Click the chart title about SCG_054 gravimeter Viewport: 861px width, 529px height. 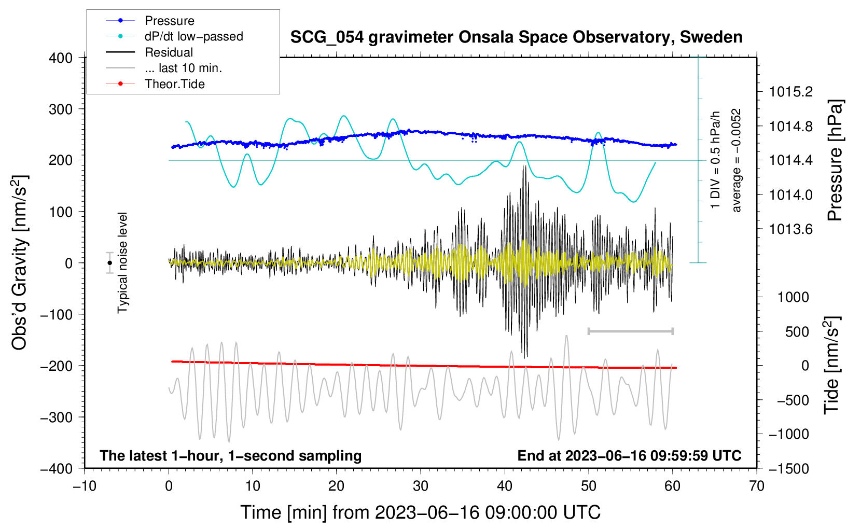pyautogui.click(x=516, y=37)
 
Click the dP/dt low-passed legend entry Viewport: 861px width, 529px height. pyautogui.click(x=193, y=36)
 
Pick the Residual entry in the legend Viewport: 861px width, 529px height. pyautogui.click(x=169, y=52)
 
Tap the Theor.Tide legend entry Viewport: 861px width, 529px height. pyautogui.click(x=174, y=84)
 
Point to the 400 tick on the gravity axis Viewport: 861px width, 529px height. pyautogui.click(x=61, y=58)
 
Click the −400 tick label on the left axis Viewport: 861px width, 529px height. pyautogui.click(x=57, y=468)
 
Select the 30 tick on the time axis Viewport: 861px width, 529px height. pyautogui.click(x=421, y=486)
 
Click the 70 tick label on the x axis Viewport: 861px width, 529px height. pyautogui.click(x=757, y=486)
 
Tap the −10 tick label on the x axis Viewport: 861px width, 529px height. pyautogui.click(x=85, y=486)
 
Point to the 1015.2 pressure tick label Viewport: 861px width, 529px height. pyautogui.click(x=790, y=92)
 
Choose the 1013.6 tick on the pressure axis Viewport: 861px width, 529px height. pyautogui.click(x=790, y=229)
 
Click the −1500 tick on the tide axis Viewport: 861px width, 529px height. pyautogui.click(x=788, y=468)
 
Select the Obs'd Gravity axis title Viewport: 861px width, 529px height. pyautogui.click(x=19, y=262)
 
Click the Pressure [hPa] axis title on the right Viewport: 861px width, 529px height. pyautogui.click(x=835, y=160)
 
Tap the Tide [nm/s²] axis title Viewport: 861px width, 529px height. pyautogui.click(x=831, y=365)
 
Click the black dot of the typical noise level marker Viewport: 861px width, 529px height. pyautogui.click(x=110, y=263)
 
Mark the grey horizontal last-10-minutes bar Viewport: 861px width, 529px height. pyautogui.click(x=630, y=331)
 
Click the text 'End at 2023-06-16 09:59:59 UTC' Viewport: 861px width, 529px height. pyautogui.click(x=629, y=455)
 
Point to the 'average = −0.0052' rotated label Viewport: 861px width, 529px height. pyautogui.click(x=737, y=160)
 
